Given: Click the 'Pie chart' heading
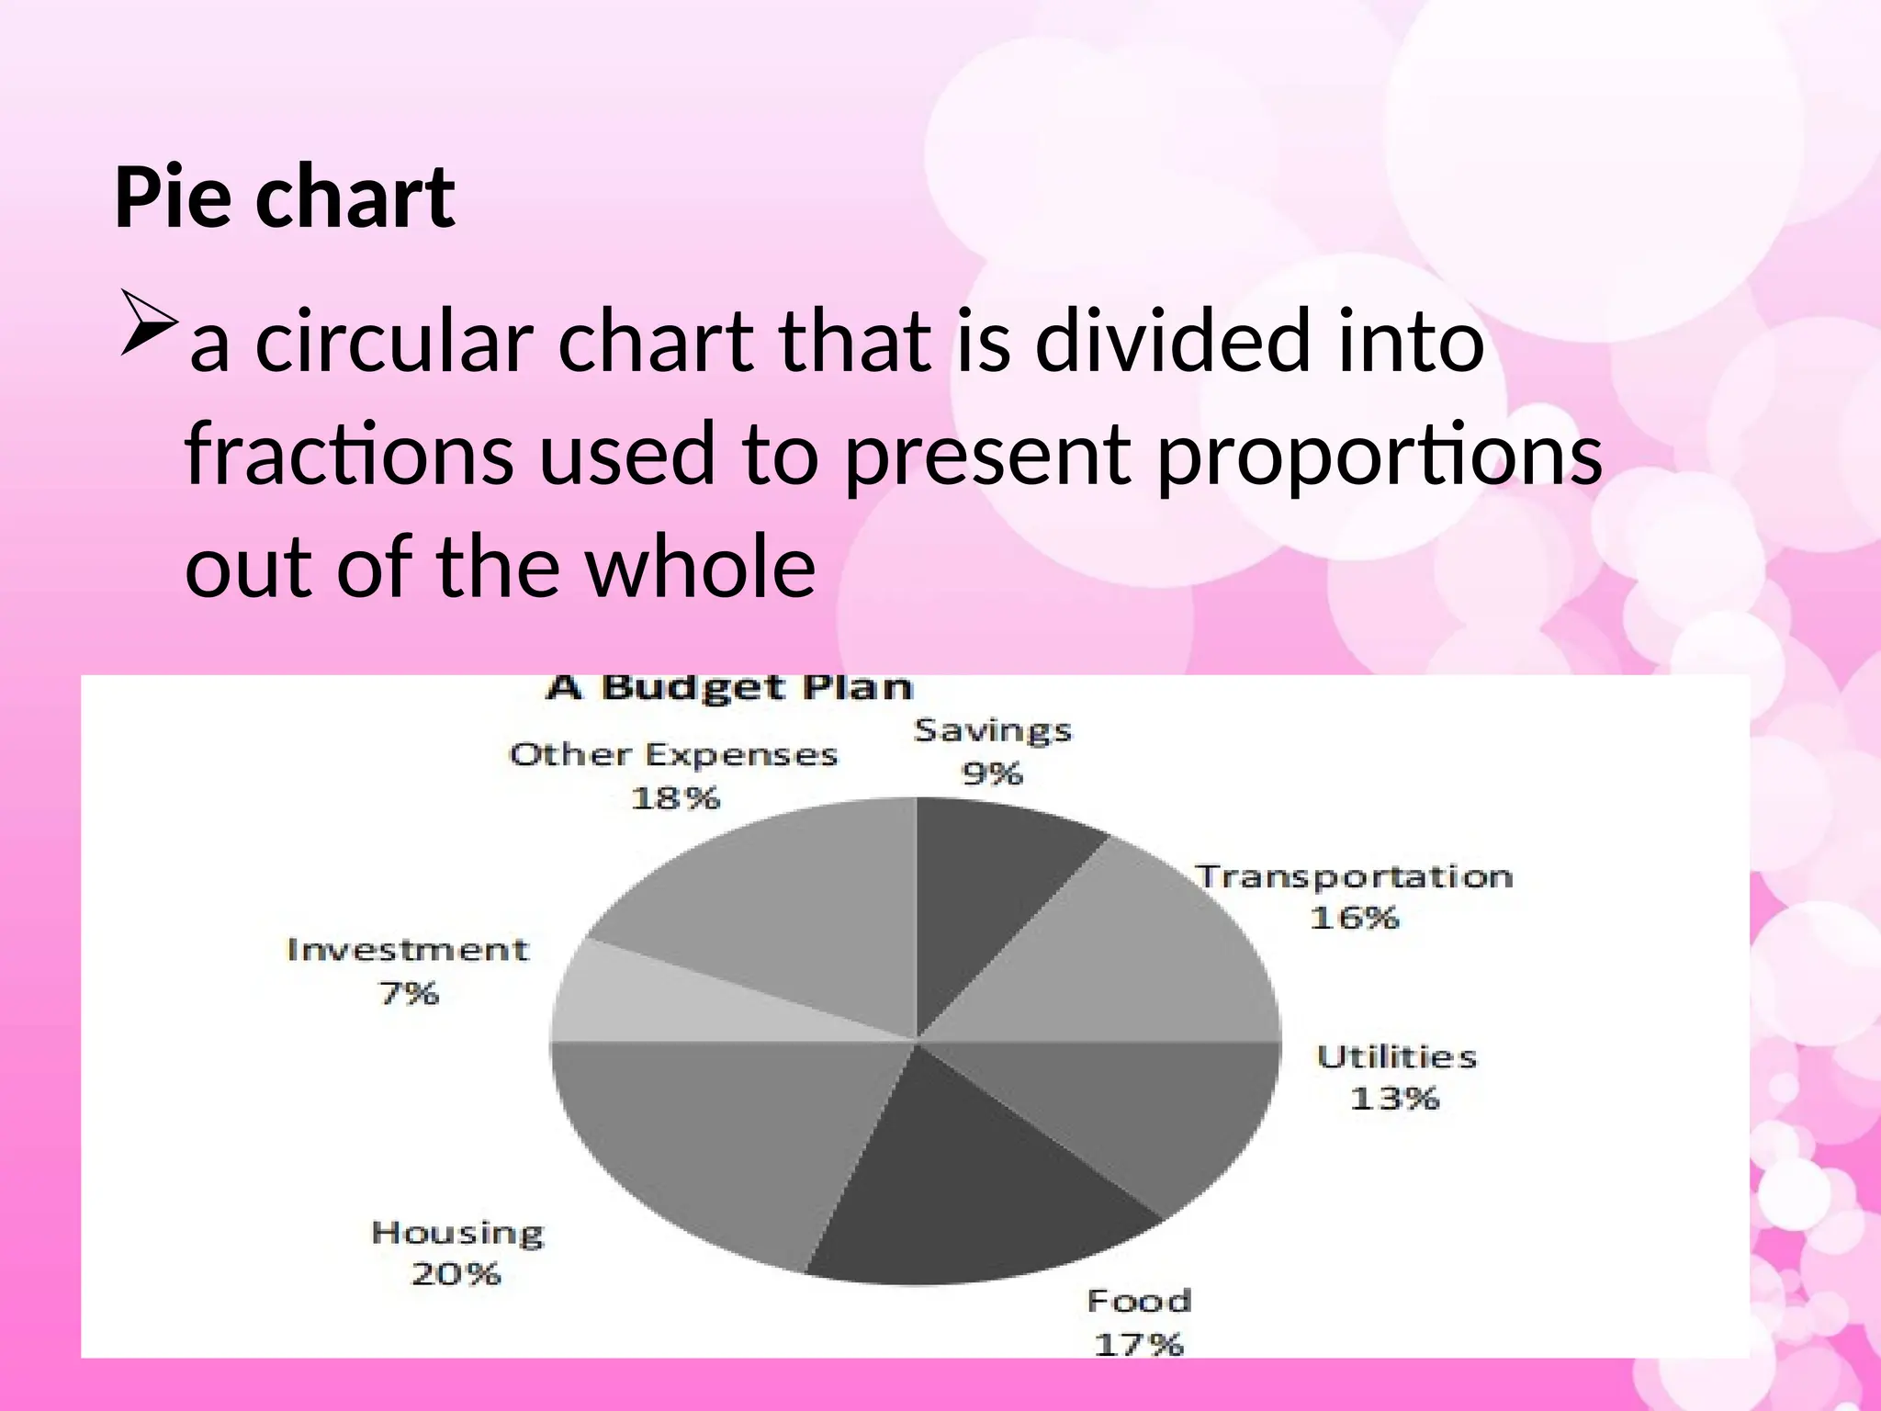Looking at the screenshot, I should (284, 198).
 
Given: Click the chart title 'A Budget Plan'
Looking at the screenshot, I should (728, 687).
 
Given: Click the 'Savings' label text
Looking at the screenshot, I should (992, 731).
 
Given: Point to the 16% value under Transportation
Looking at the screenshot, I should (1354, 918).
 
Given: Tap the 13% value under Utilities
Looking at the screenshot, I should (1394, 1098).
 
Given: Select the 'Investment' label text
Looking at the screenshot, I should (408, 950).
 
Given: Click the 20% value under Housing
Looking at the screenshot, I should (456, 1274).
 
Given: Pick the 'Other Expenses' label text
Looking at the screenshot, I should (673, 755).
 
